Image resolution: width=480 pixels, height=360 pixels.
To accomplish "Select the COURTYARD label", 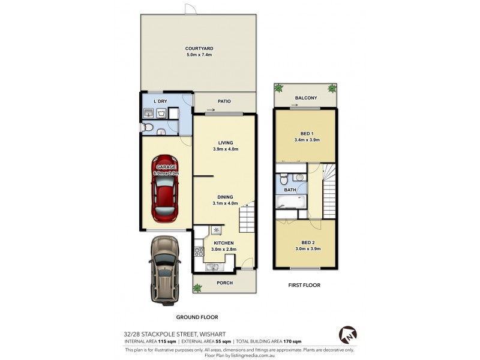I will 199,48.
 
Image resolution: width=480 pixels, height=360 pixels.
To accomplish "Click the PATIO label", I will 224,101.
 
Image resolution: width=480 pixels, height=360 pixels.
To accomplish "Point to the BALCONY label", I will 305,98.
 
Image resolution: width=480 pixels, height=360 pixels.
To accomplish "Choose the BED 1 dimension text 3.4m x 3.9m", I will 307,140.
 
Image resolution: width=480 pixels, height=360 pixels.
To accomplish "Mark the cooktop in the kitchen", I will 217,229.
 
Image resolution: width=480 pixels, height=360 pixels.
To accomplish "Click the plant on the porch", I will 197,287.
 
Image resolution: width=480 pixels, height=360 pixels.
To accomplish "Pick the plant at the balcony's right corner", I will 332,88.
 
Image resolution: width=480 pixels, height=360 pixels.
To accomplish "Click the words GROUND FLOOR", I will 197,317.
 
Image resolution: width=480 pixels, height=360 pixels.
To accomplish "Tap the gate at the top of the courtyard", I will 190,9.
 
